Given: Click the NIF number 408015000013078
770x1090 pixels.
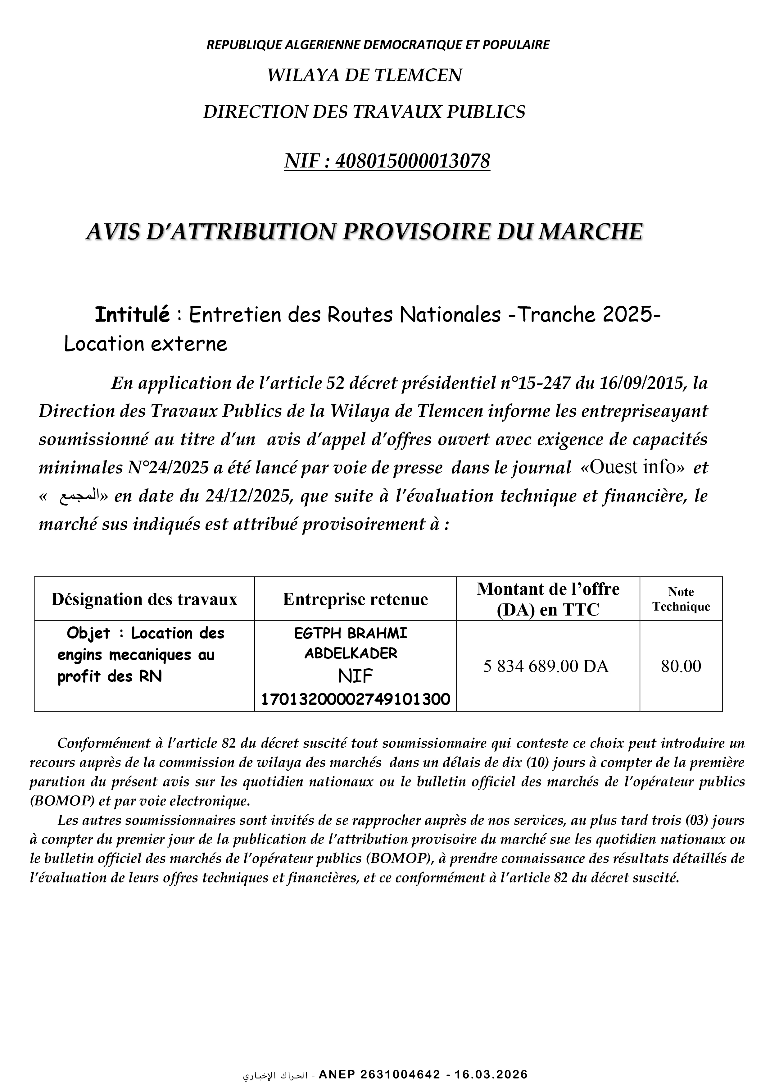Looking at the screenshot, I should (412, 161).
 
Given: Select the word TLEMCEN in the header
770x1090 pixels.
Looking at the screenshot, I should (423, 75).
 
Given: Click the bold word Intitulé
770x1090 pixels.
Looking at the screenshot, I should (132, 314).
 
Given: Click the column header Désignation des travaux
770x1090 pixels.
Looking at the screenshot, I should (144, 599).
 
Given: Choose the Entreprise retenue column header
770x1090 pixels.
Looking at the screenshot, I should (355, 599).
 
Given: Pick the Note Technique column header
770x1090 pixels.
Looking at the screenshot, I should (681, 599).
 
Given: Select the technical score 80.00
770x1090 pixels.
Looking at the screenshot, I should (681, 666).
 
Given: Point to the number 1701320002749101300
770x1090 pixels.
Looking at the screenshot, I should (355, 699).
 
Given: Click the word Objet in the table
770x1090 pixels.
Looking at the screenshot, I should (88, 633).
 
